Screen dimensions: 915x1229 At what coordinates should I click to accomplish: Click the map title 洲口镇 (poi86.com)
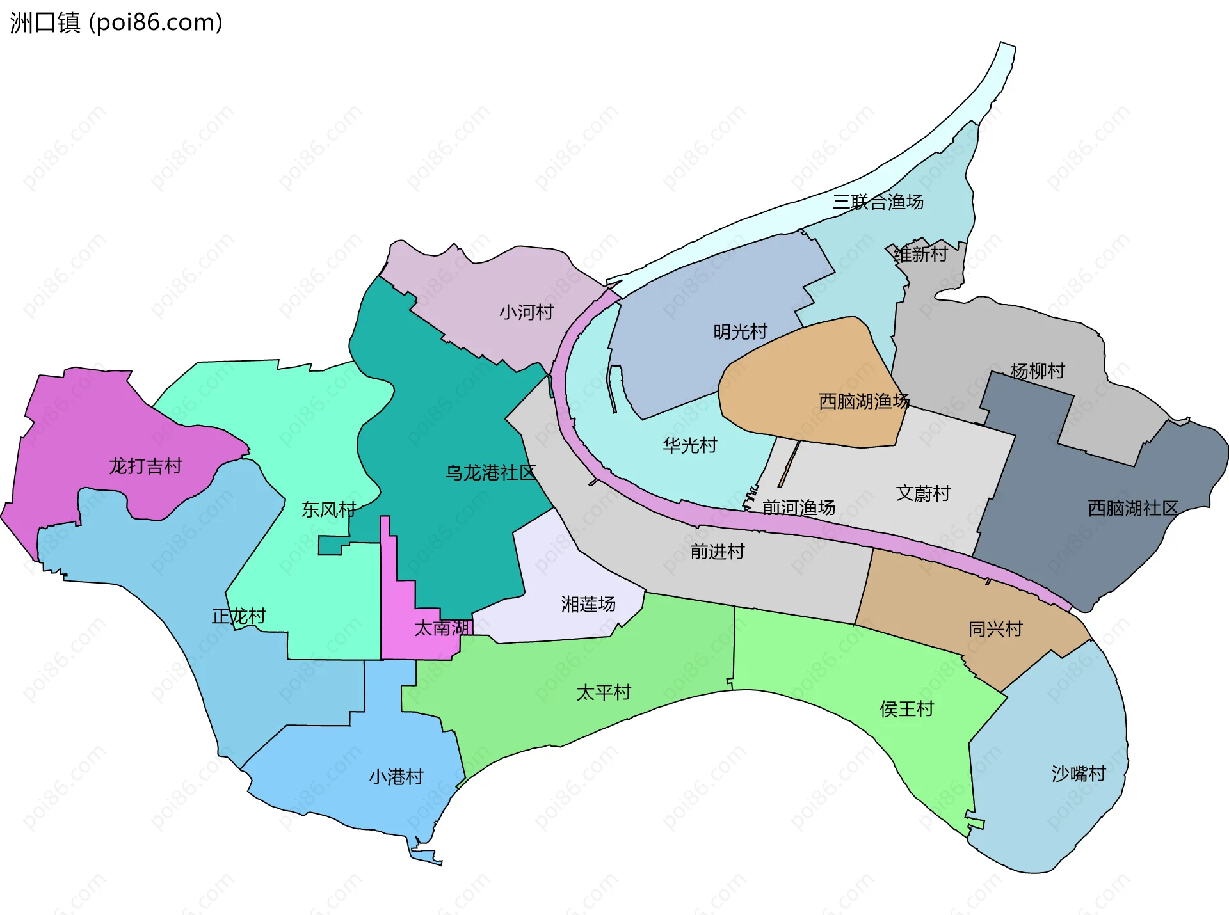[x=116, y=23]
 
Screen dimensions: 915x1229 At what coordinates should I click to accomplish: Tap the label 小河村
[x=526, y=312]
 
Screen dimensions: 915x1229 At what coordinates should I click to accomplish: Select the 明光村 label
[x=740, y=331]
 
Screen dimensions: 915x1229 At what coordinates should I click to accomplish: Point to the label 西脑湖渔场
[x=864, y=401]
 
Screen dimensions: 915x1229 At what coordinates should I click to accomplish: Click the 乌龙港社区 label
[x=490, y=473]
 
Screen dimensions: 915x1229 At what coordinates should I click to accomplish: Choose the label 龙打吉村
[x=145, y=466]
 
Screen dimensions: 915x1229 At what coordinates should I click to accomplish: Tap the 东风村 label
[x=328, y=510]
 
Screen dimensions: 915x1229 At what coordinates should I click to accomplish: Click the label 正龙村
[x=239, y=616]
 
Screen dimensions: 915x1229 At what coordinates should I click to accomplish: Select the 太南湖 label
[x=442, y=628]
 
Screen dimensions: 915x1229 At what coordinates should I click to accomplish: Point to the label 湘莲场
[x=588, y=604]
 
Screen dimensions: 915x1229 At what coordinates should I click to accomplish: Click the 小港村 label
[x=396, y=777]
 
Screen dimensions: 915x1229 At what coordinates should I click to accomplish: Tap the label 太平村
[x=604, y=692]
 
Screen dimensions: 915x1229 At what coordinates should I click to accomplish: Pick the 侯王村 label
[x=907, y=709]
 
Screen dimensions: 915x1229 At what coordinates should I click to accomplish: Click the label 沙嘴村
[x=1079, y=774]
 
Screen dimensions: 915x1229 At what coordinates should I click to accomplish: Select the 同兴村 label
[x=995, y=629]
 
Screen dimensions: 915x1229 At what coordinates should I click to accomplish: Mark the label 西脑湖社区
[x=1133, y=508]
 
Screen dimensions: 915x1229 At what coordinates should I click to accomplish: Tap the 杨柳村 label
[x=1038, y=371]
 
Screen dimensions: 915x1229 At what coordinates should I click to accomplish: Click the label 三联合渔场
[x=878, y=202]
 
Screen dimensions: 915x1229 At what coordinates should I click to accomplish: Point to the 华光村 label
[x=689, y=445]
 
